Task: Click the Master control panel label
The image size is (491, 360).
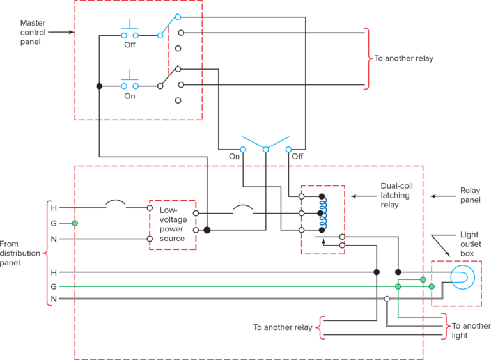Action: pyautogui.click(x=32, y=31)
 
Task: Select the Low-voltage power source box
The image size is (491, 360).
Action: pyautogui.click(x=172, y=224)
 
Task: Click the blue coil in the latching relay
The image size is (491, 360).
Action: pyautogui.click(x=323, y=213)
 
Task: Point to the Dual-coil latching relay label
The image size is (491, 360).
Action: pyautogui.click(x=394, y=196)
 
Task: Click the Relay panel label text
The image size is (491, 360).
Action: pyautogui.click(x=470, y=195)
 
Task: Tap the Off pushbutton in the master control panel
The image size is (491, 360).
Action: pyautogui.click(x=130, y=34)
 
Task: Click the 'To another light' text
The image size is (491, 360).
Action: pyautogui.click(x=470, y=330)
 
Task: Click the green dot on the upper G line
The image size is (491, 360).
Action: pyautogui.click(x=75, y=223)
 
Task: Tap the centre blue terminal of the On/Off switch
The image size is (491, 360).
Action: pyautogui.click(x=265, y=150)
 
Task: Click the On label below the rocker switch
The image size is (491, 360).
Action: pyautogui.click(x=234, y=156)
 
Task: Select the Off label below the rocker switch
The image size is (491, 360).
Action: pyautogui.click(x=297, y=156)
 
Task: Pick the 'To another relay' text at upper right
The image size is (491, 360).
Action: pyautogui.click(x=404, y=59)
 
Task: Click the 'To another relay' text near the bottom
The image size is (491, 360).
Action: pyautogui.click(x=283, y=327)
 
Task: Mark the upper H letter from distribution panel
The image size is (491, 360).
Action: pyautogui.click(x=54, y=208)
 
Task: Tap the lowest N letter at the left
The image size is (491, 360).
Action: pyautogui.click(x=54, y=299)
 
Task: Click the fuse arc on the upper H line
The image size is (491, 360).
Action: pyautogui.click(x=116, y=204)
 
